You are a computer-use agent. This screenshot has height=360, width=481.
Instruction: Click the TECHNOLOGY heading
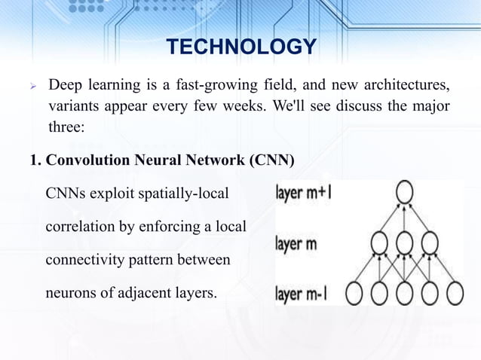(240, 47)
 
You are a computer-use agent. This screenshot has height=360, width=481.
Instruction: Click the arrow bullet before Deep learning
(32, 81)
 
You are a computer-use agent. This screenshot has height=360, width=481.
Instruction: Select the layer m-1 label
(302, 291)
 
